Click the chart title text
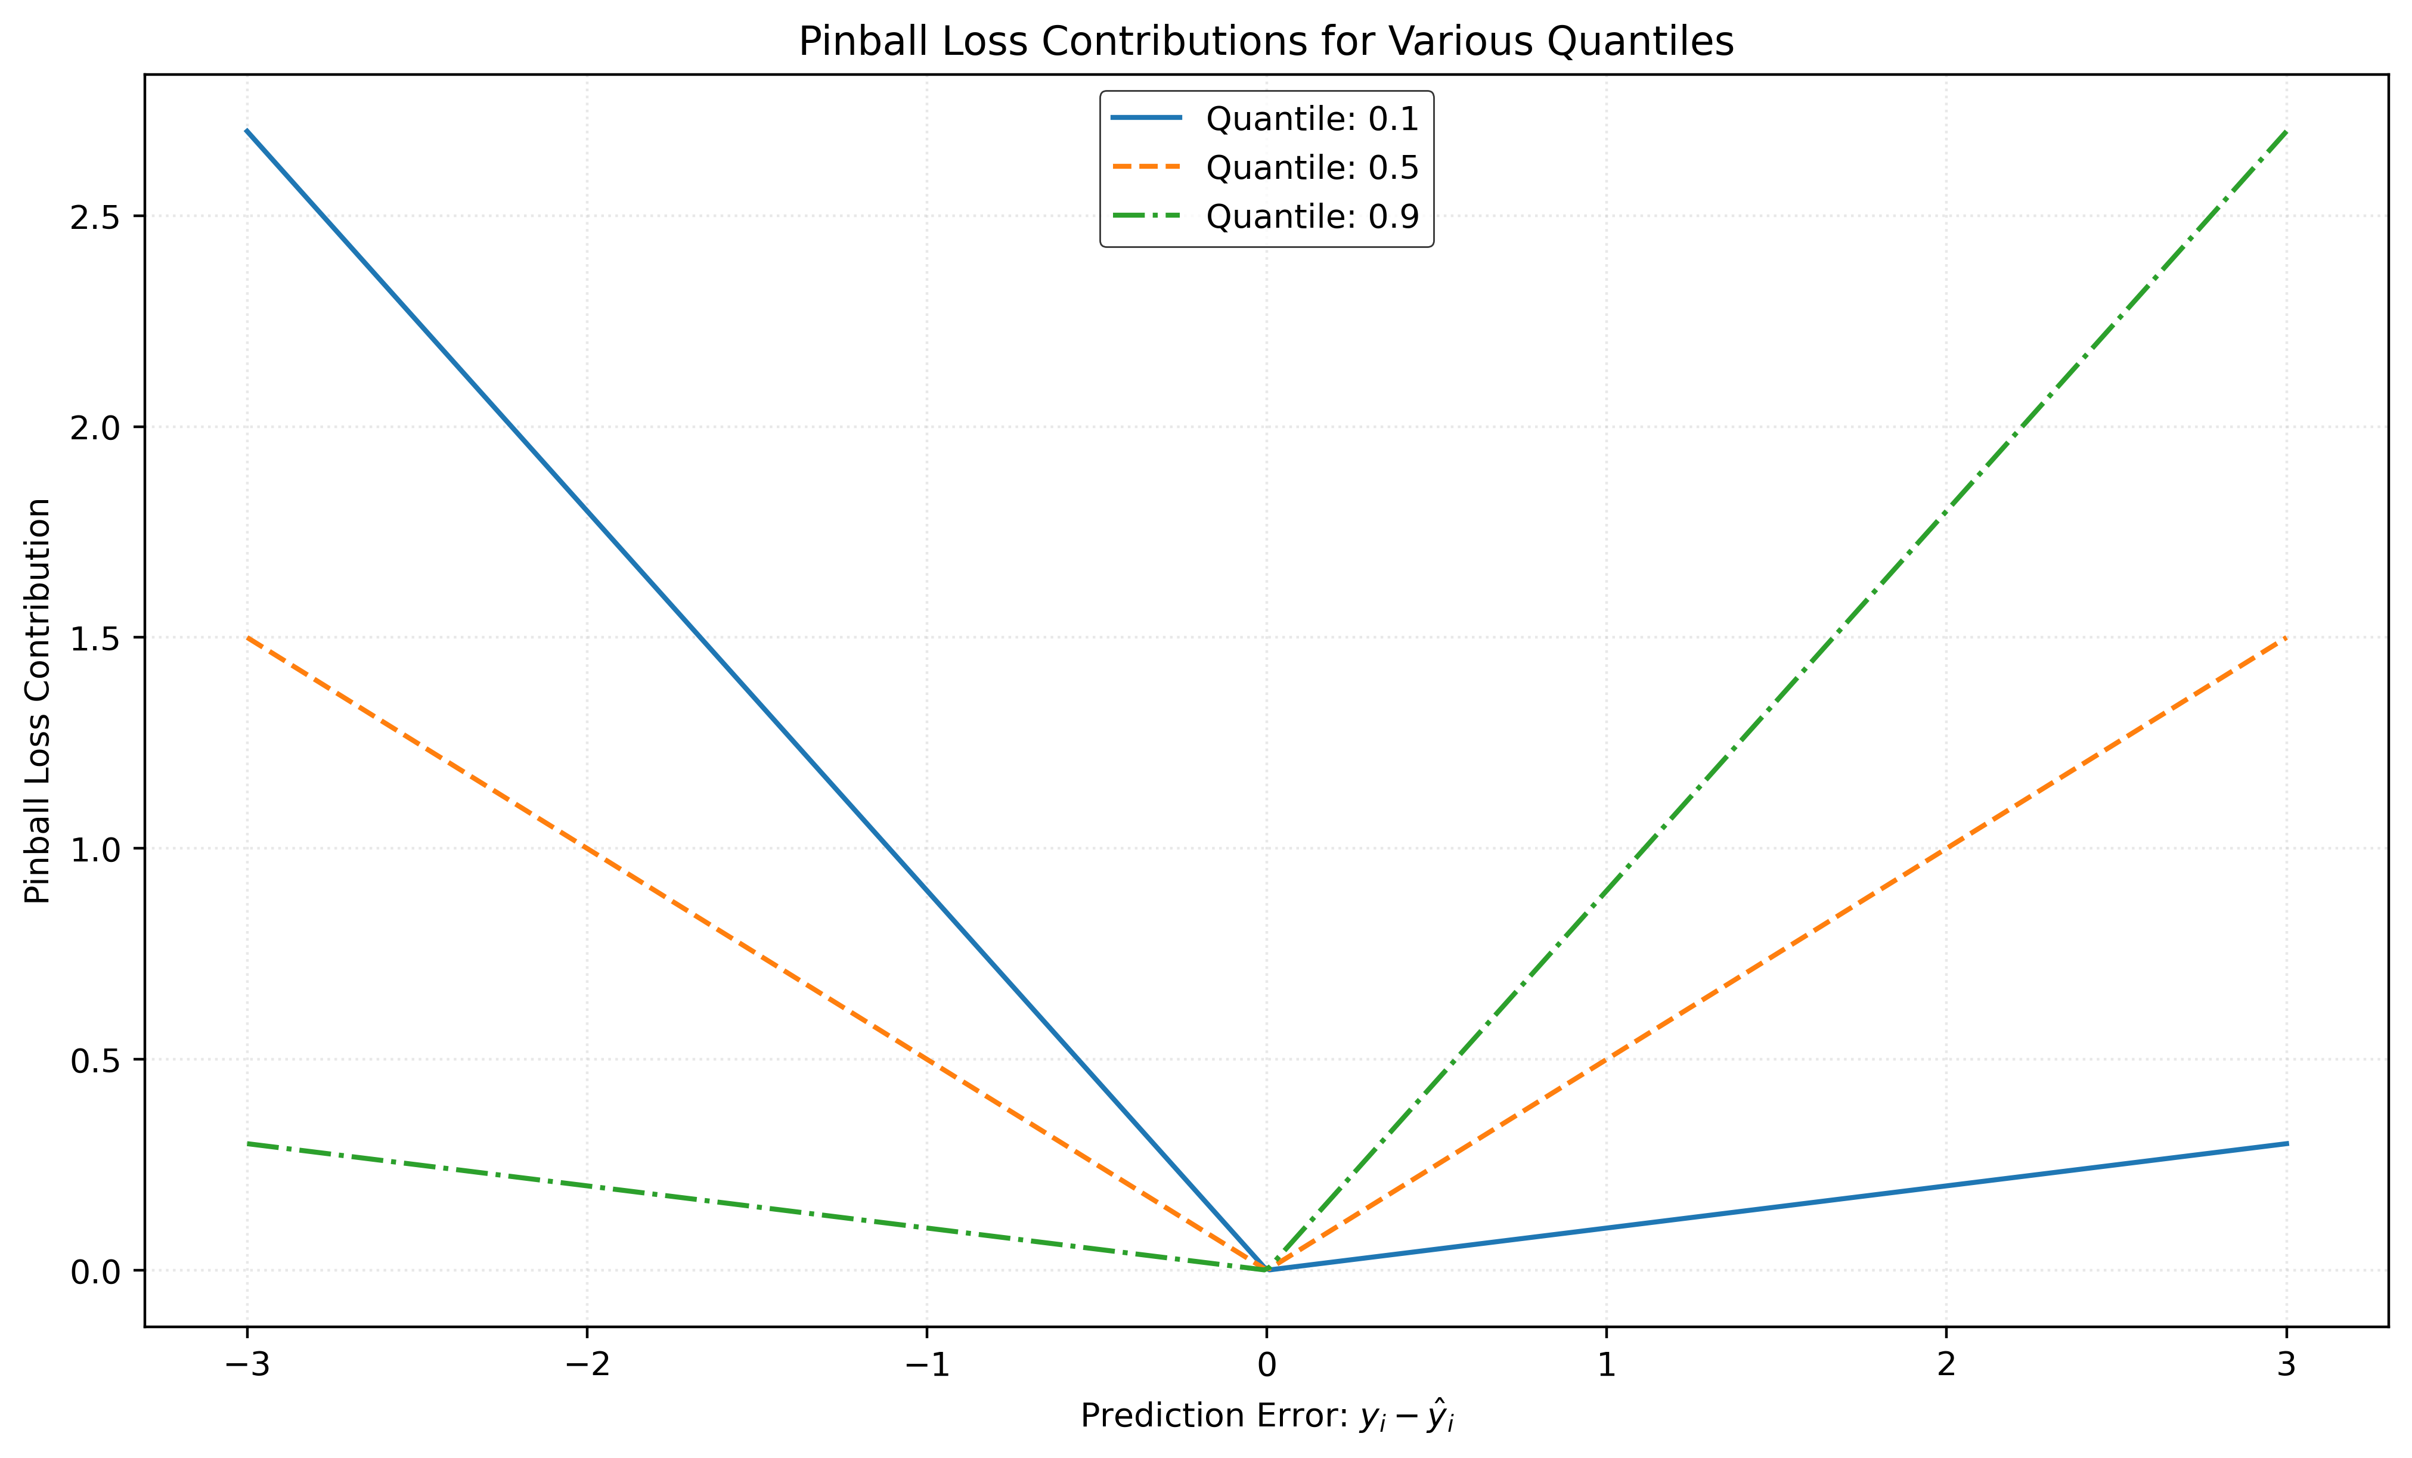pyautogui.click(x=1266, y=42)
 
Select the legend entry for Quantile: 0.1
pyautogui.click(x=1312, y=119)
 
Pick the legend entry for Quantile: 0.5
pyautogui.click(x=1312, y=168)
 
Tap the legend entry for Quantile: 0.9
pyautogui.click(x=1312, y=216)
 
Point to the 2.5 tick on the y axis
pyautogui.click(x=94, y=216)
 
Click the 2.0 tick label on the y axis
pyautogui.click(x=94, y=427)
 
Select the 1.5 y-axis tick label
pyautogui.click(x=94, y=638)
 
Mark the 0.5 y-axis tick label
pyautogui.click(x=94, y=1060)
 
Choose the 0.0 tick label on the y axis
pyautogui.click(x=94, y=1271)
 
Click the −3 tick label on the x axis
pyautogui.click(x=247, y=1364)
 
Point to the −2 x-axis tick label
pyautogui.click(x=587, y=1364)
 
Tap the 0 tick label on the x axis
pyautogui.click(x=1267, y=1364)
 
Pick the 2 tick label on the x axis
pyautogui.click(x=1946, y=1364)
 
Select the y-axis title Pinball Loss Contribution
pyautogui.click(x=38, y=700)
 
